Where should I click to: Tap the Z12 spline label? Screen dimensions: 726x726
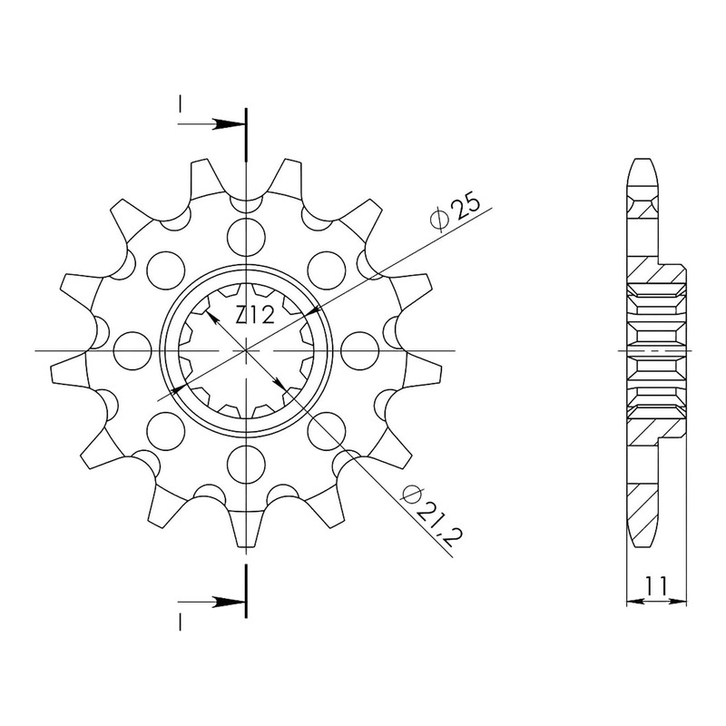click(256, 317)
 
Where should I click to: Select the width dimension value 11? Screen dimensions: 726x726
click(657, 586)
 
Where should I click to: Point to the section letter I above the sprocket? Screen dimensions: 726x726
click(180, 105)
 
